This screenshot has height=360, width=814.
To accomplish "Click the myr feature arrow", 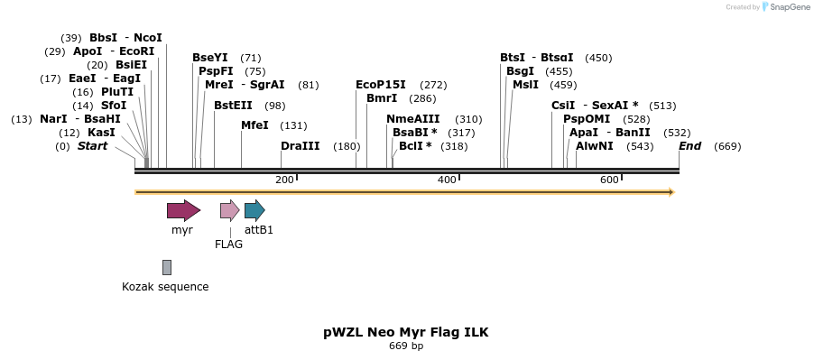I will point(183,211).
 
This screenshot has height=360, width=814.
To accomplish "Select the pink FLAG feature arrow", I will point(229,211).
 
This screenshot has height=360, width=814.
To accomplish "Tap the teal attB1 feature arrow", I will point(254,211).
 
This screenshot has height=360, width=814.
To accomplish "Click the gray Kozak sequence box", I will point(167,267).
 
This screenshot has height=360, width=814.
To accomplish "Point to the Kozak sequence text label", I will point(165,287).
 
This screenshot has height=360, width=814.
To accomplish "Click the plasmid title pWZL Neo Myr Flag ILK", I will point(406,332).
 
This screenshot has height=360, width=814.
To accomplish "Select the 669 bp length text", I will point(406,346).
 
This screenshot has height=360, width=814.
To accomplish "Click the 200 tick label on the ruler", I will point(284,180).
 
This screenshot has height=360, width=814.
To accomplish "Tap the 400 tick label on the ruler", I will point(447,180).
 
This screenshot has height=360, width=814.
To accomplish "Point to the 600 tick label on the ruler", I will point(609,180).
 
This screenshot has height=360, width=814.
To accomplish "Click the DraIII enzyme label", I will point(300,146).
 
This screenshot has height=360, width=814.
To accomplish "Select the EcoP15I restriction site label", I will point(381,84).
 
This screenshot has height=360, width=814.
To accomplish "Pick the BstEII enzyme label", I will point(233,106).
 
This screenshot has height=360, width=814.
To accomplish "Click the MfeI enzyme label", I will point(254,125).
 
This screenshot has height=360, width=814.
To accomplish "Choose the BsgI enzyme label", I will point(520,71).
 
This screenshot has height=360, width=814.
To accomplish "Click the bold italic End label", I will point(689,146).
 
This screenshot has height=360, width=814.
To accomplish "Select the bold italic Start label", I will point(92,146).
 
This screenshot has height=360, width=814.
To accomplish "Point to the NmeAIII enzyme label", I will point(413,119).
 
